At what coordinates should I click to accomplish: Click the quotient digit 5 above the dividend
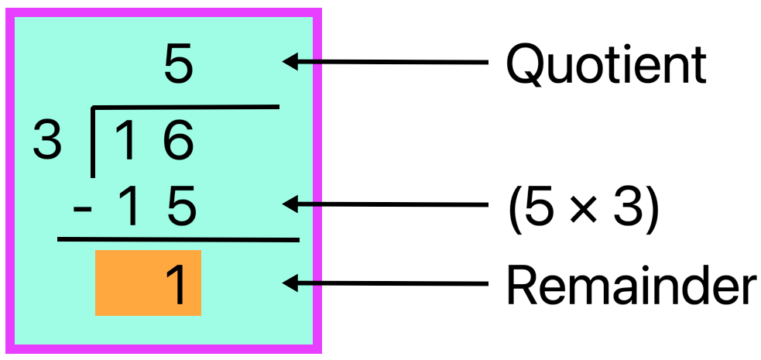point(178,66)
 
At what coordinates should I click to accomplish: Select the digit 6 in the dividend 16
point(180,142)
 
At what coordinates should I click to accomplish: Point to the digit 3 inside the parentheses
point(627,207)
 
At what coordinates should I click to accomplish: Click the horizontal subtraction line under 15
point(178,240)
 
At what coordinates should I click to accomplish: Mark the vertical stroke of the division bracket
point(93,143)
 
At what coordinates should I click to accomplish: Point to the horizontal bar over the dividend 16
point(186,108)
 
